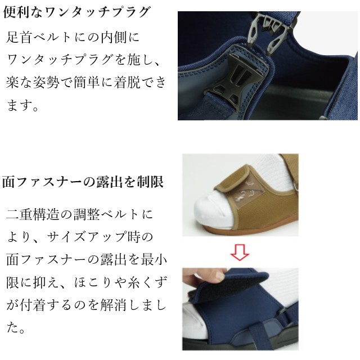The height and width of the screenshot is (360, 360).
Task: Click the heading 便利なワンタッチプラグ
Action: pyautogui.click(x=77, y=12)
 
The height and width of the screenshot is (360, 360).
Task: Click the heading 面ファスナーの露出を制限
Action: pyautogui.click(x=83, y=182)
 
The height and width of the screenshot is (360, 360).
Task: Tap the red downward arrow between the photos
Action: pyautogui.click(x=240, y=253)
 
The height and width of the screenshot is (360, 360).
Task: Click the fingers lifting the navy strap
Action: pyautogui.click(x=206, y=276)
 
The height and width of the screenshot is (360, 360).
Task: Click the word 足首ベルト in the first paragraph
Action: pyautogui.click(x=38, y=37)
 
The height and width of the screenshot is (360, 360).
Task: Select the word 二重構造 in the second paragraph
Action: pyautogui.click(x=33, y=214)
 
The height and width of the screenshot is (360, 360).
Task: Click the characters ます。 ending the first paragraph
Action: pyautogui.click(x=22, y=105)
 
